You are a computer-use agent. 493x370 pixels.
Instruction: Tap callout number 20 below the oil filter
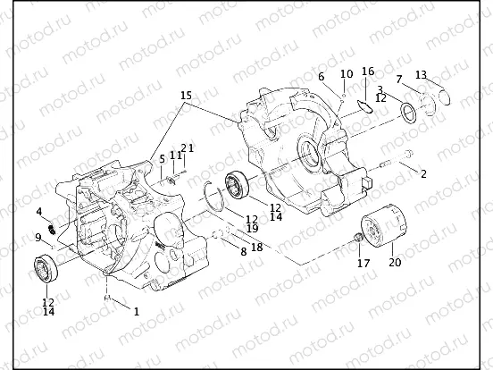click(395, 263)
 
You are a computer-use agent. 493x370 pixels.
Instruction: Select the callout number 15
click(185, 95)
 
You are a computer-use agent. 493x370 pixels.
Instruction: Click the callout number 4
click(39, 212)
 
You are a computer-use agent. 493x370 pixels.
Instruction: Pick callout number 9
click(38, 237)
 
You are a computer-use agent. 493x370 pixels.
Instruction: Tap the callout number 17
click(362, 263)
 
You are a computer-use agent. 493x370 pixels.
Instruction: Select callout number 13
click(422, 75)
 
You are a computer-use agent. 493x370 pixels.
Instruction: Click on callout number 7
click(399, 80)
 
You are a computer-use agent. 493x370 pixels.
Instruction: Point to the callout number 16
click(368, 72)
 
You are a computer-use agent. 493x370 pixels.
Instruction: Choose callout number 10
click(346, 73)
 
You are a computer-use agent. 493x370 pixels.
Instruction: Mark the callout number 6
click(320, 78)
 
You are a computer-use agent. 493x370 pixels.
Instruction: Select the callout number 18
click(256, 247)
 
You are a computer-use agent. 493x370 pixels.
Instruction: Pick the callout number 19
click(253, 229)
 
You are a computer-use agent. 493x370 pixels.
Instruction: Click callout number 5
click(162, 159)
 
